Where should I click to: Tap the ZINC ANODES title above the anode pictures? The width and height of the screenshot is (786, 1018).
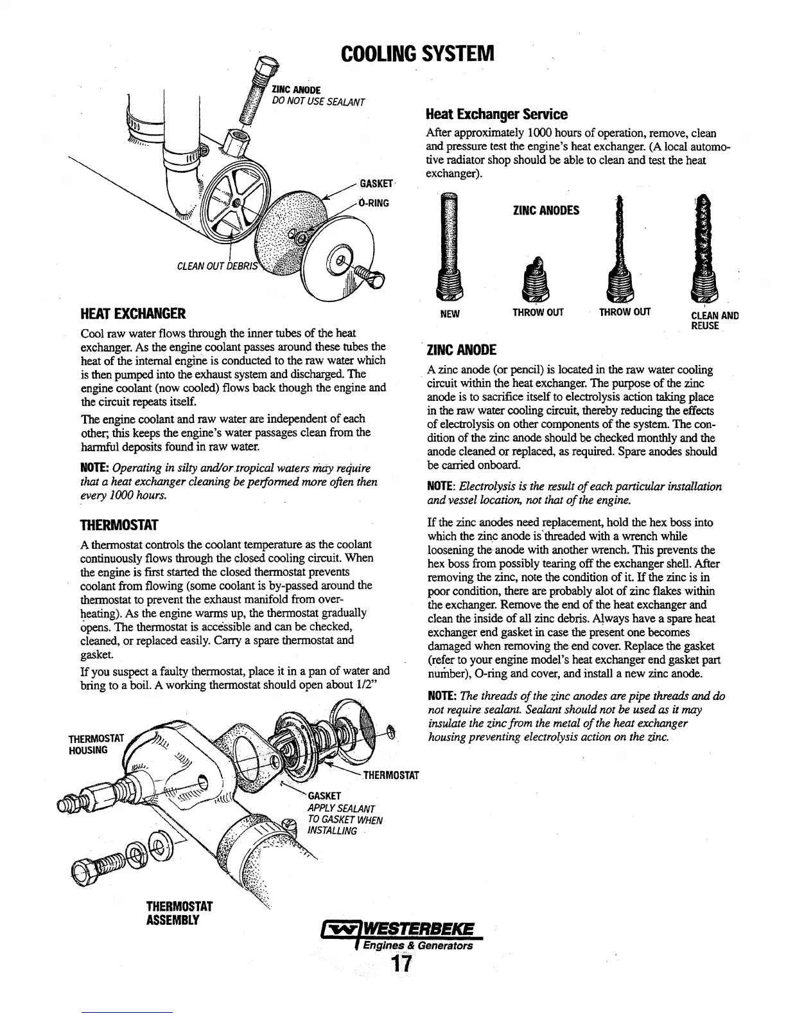point(546,210)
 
